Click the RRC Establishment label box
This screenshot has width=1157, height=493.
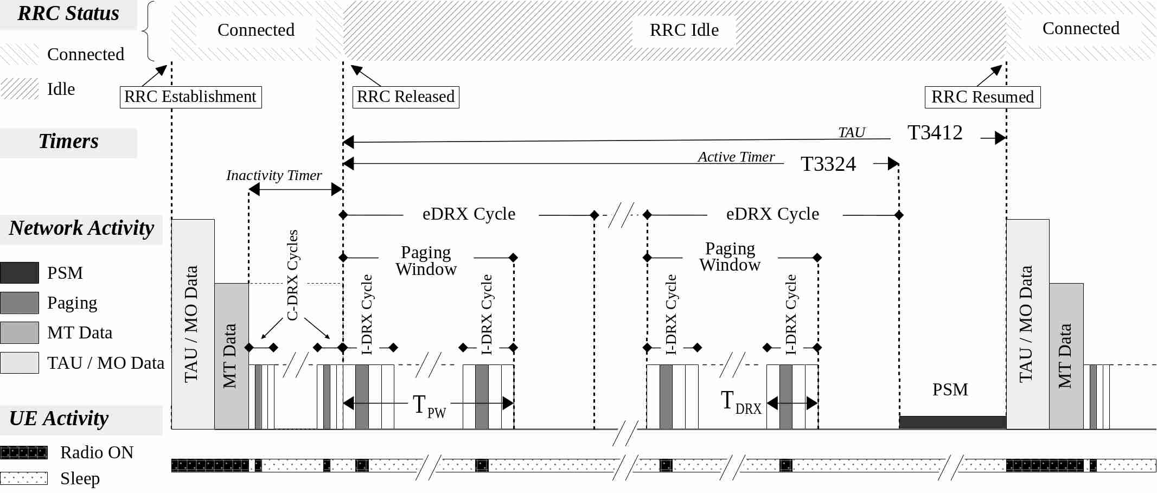coord(190,97)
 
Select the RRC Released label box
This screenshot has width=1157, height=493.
coord(406,97)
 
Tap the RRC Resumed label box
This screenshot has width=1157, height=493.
coord(982,97)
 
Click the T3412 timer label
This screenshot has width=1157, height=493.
coord(935,133)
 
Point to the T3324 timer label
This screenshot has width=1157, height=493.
coord(828,164)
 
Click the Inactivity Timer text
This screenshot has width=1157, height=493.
coord(274,175)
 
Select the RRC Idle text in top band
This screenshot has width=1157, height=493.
coord(684,30)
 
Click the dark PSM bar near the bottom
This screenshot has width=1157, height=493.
coord(952,422)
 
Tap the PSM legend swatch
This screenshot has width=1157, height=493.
coord(20,273)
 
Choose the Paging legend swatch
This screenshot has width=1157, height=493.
coord(20,303)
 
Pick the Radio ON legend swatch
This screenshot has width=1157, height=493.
coord(24,452)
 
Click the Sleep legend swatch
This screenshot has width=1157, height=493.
coord(24,478)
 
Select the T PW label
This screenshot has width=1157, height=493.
coord(429,406)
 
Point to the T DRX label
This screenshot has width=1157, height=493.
coord(741,402)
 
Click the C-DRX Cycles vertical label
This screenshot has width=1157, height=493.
coord(292,275)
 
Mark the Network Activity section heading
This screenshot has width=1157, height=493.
coord(81,228)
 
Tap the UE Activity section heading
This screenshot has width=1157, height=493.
coord(59,419)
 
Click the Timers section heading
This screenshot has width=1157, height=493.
coord(68,142)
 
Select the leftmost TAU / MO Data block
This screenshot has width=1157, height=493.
coord(193,324)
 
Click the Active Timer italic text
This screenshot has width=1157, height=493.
coord(736,157)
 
